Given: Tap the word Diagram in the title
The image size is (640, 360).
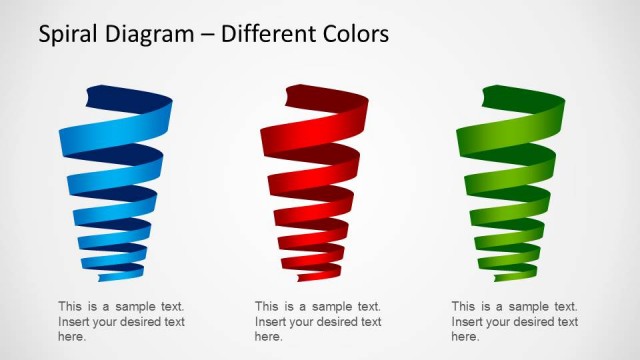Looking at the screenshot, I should click(152, 35).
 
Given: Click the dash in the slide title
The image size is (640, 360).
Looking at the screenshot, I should click(208, 36).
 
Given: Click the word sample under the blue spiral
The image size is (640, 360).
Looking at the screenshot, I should click(133, 307).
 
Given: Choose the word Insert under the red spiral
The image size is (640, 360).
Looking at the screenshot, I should click(271, 322).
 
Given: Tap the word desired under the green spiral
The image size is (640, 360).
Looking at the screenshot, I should click(532, 322).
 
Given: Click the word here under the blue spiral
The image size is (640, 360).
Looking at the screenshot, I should click(72, 337).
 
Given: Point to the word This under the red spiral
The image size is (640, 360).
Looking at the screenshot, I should click(267, 307).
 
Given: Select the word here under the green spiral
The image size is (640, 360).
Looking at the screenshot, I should click(465, 337).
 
